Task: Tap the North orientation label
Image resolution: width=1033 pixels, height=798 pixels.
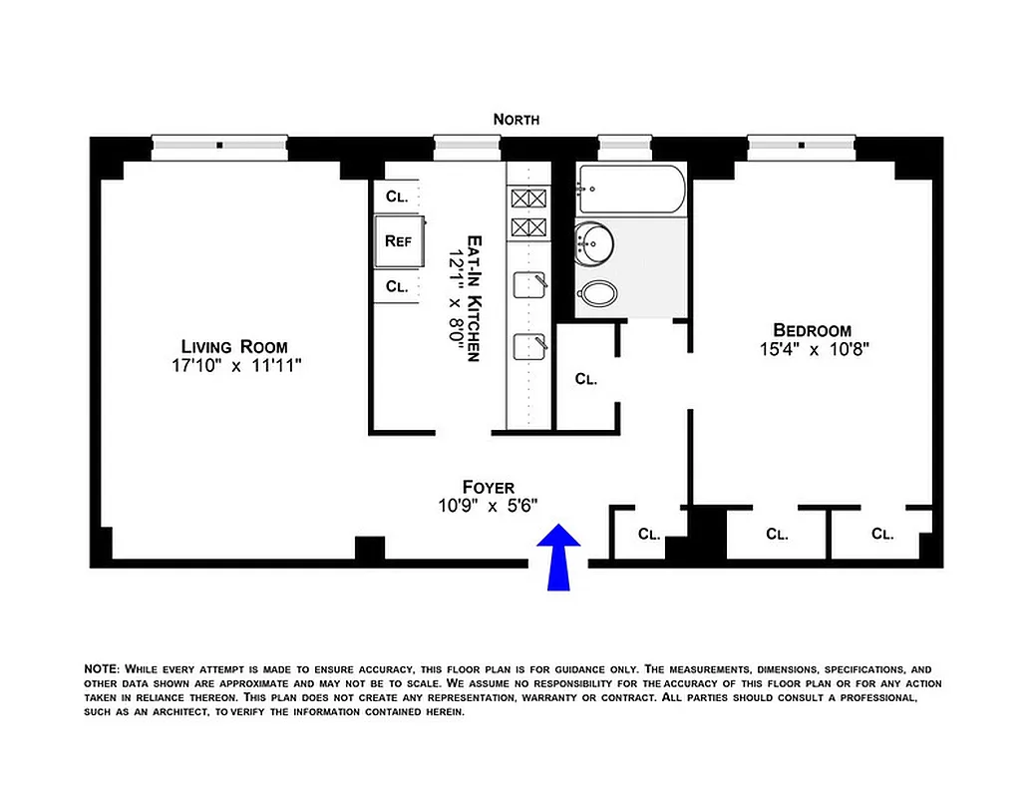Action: (516, 119)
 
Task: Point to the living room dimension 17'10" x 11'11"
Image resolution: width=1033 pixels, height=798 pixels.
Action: (235, 366)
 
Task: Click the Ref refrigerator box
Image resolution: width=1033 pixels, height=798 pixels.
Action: (399, 240)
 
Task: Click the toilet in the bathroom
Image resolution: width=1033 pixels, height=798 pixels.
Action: (598, 293)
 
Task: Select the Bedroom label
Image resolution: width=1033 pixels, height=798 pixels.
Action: (813, 330)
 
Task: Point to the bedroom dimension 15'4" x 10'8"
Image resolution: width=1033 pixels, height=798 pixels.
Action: (813, 349)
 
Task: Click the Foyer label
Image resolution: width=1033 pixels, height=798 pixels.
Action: (489, 487)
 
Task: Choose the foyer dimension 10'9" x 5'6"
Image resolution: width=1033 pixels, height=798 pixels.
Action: (489, 506)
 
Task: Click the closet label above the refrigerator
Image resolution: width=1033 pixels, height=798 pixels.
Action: (397, 197)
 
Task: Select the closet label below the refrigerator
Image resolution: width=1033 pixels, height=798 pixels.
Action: (397, 286)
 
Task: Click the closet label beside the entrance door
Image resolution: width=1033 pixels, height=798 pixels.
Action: (649, 534)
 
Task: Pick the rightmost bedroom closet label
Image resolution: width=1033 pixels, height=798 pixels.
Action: (882, 534)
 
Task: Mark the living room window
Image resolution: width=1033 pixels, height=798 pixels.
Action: (219, 146)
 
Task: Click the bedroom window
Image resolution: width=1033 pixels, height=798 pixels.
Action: (802, 146)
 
